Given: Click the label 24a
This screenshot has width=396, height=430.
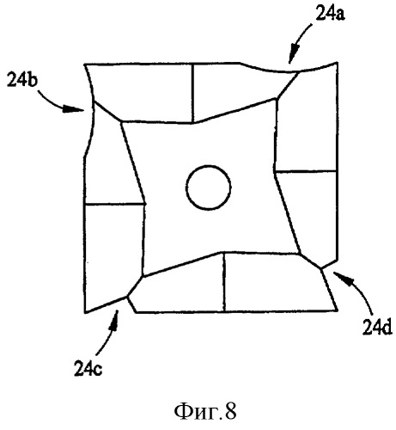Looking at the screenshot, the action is (330, 14).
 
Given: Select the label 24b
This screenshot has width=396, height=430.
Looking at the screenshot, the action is (22, 79).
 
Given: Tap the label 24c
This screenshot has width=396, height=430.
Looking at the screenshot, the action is (88, 368).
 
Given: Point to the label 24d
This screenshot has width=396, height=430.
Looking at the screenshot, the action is (377, 328).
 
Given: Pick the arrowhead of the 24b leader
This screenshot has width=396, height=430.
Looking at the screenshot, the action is (74, 109).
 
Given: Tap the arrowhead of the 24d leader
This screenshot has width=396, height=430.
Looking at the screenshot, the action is (342, 278).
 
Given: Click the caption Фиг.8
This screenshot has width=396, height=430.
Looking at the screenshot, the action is (205, 412).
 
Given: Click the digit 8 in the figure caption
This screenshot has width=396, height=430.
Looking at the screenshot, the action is (231, 411).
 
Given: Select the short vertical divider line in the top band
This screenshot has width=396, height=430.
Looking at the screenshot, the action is (193, 94).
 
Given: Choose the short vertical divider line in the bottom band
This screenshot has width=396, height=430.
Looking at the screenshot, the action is (224, 282).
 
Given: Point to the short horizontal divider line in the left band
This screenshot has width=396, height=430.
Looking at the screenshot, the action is (114, 204).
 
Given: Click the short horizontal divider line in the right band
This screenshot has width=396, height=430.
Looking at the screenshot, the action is (305, 171).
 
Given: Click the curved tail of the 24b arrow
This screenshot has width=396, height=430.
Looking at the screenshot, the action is (49, 100).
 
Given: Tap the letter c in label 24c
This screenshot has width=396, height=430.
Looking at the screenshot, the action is (98, 371).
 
